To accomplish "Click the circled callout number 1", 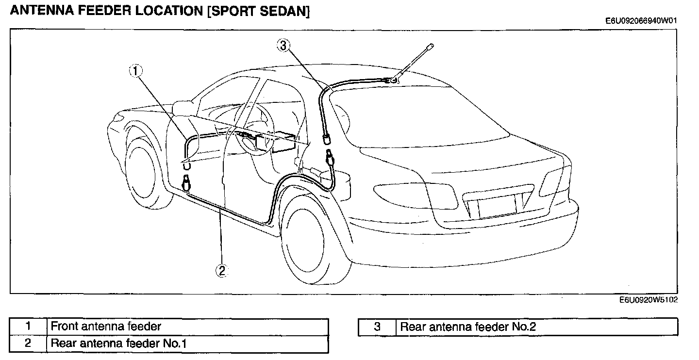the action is [136, 71].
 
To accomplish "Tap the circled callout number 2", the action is [222, 271].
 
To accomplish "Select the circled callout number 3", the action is [283, 46].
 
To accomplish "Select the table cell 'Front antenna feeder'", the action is [187, 327].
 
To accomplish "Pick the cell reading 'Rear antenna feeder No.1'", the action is [187, 344].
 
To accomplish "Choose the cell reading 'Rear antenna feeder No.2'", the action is [537, 327].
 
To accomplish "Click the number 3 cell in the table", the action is [377, 327].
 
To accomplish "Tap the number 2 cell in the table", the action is [28, 344].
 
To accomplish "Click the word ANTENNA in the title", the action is [42, 11].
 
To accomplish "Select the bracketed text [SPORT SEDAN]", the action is [258, 11].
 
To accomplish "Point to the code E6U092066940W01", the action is [641, 21].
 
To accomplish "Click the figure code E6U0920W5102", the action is [649, 300].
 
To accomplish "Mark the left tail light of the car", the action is [415, 196].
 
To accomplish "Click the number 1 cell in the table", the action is [28, 327].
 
